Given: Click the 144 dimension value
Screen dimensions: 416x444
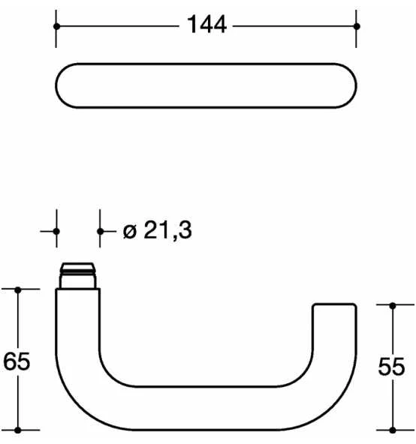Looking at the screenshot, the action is coord(206,25).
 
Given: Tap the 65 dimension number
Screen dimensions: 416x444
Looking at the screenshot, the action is coord(17,361).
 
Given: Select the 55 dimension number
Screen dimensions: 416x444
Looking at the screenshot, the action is coord(392,367).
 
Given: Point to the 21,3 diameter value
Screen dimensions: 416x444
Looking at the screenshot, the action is coord(168,230).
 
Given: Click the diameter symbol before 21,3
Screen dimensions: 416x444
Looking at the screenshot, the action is coord(130,232).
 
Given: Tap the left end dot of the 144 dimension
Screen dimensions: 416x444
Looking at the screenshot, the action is coord(57,26).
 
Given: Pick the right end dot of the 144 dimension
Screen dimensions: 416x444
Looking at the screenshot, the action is coord(357,26).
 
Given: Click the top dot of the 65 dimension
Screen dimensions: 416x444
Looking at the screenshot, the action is coord(18,290).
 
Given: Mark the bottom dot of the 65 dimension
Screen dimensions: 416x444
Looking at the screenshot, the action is coord(18,430).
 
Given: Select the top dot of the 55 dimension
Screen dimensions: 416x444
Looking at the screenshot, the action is coord(393,305).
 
